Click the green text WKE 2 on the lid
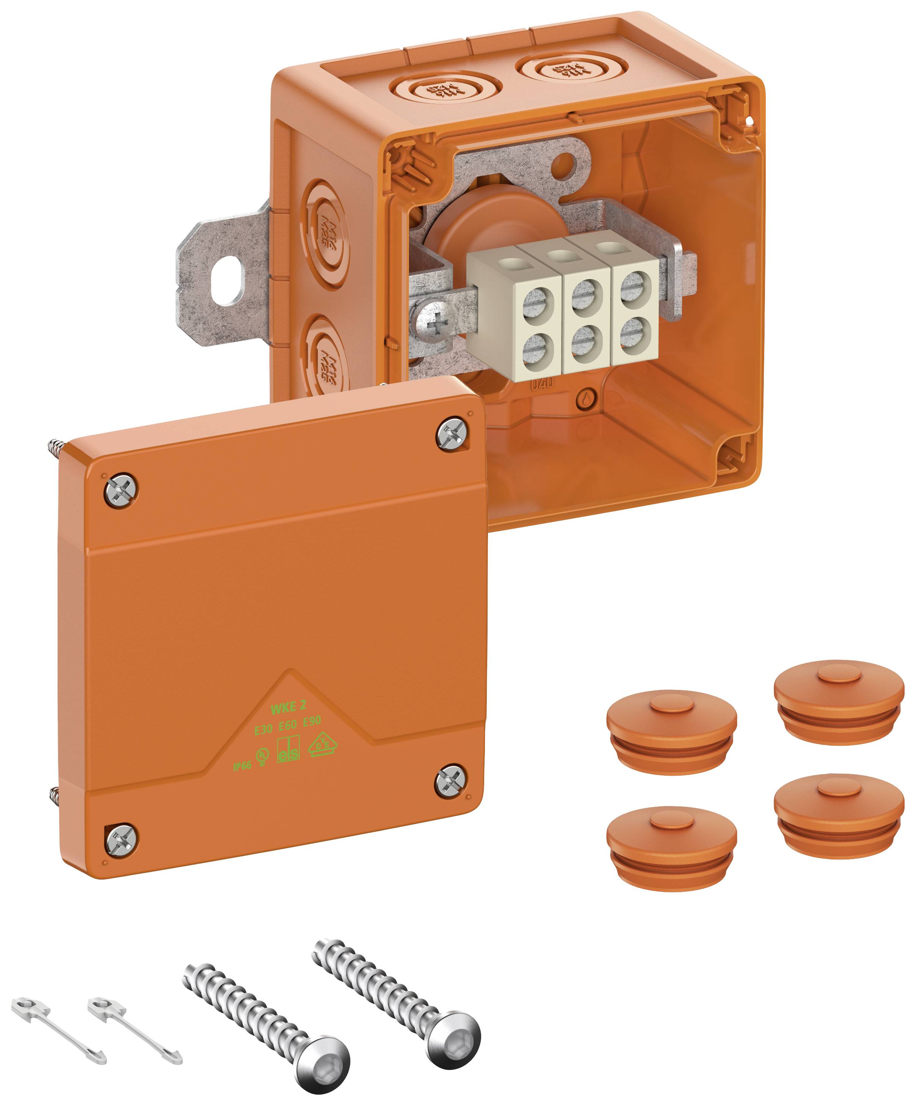tap(288, 707)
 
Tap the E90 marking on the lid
tap(312, 721)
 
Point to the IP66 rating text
tap(242, 766)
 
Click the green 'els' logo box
tap(288, 751)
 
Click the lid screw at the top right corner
tap(452, 434)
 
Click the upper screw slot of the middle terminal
tap(584, 293)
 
